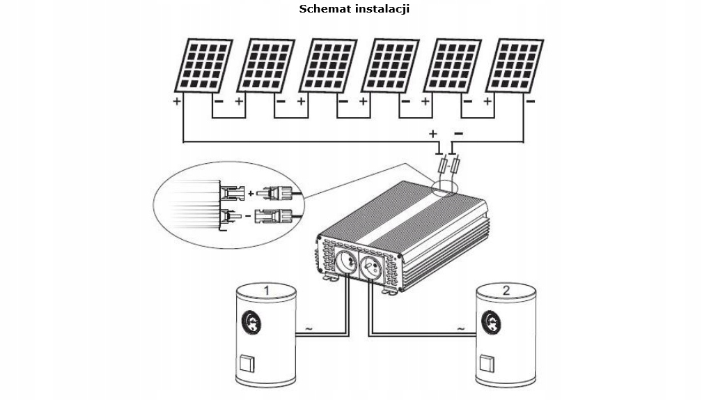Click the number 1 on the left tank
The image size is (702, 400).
coord(265,289)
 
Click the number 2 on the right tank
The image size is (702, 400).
coord(504,289)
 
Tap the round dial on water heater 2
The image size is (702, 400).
coord(492,322)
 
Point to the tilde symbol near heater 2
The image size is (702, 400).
coord(460,328)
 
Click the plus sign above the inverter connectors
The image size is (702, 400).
coord(433,133)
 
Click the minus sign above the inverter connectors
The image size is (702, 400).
coord(458,133)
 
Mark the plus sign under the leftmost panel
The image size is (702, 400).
coord(177,102)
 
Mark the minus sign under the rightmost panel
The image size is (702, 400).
coord(531,102)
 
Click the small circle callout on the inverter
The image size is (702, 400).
coord(443,187)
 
